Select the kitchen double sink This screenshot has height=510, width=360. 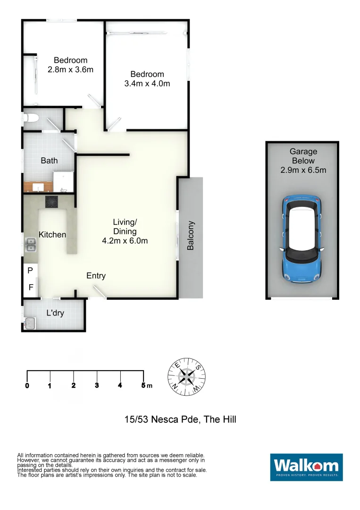point(31,245)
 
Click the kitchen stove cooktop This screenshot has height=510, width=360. point(51,202)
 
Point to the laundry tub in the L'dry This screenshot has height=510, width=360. point(30,323)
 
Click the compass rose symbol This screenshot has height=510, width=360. point(187,376)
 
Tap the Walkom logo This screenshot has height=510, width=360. point(306,467)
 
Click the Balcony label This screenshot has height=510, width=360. point(191,236)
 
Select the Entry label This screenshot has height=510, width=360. point(96,276)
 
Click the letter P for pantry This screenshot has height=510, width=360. point(30,271)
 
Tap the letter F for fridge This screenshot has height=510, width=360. point(31,287)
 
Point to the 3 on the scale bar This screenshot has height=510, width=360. point(97,385)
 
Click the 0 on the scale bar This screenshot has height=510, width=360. point(27,385)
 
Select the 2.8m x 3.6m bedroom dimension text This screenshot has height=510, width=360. point(70,69)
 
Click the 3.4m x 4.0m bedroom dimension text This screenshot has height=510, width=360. point(147,84)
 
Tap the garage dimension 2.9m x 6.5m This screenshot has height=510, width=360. point(303,170)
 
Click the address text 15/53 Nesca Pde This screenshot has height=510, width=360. point(160,419)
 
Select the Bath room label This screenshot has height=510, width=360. point(49,161)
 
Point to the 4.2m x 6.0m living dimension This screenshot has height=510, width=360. point(125,240)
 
